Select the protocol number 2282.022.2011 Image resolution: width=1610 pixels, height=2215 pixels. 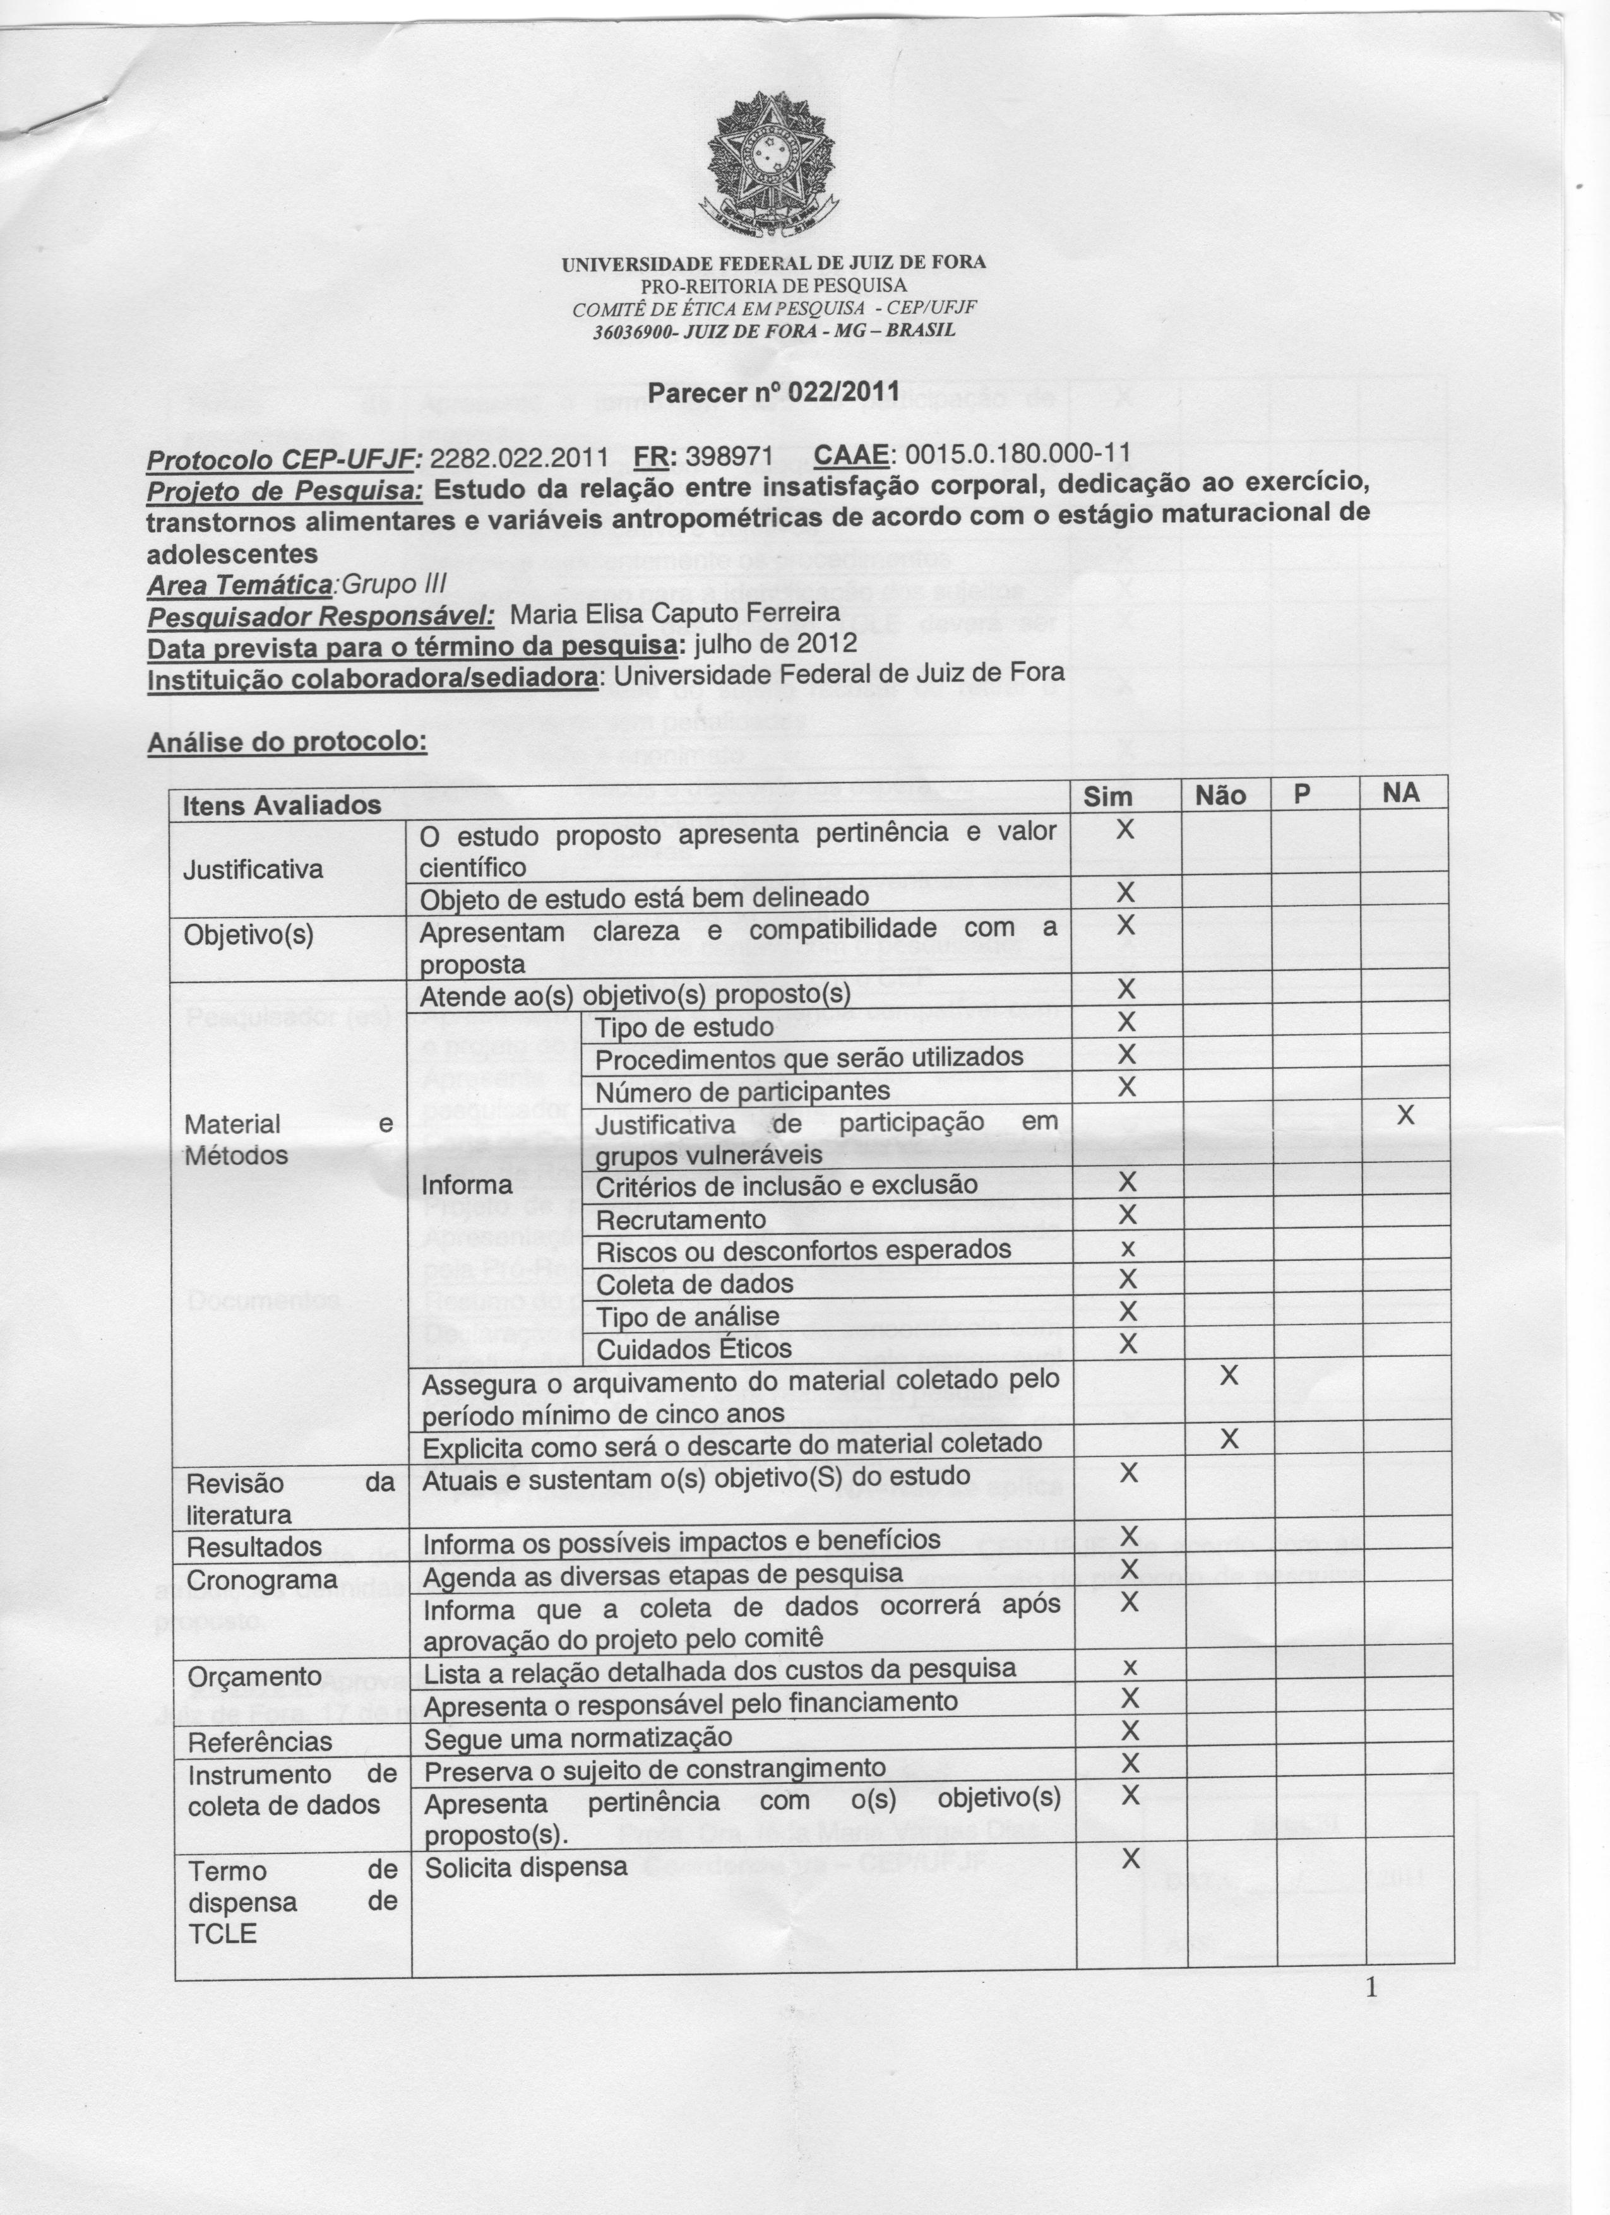click(x=519, y=456)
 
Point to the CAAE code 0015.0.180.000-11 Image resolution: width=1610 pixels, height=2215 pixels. click(x=1017, y=454)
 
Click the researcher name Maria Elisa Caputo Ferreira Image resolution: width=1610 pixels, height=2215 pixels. click(x=675, y=613)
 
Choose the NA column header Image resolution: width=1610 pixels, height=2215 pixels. click(x=1401, y=793)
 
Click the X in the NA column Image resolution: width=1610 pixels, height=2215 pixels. click(x=1405, y=1114)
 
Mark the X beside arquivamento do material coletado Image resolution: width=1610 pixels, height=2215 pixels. click(x=1229, y=1376)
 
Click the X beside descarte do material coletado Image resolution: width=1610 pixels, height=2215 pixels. click(x=1230, y=1439)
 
